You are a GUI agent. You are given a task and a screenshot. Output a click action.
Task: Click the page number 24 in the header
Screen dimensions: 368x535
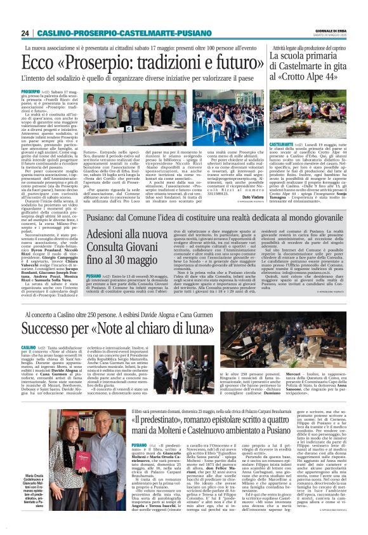pyautogui.click(x=25, y=33)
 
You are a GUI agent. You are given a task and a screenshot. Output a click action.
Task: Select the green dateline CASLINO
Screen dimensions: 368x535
pyautogui.click(x=29, y=348)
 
